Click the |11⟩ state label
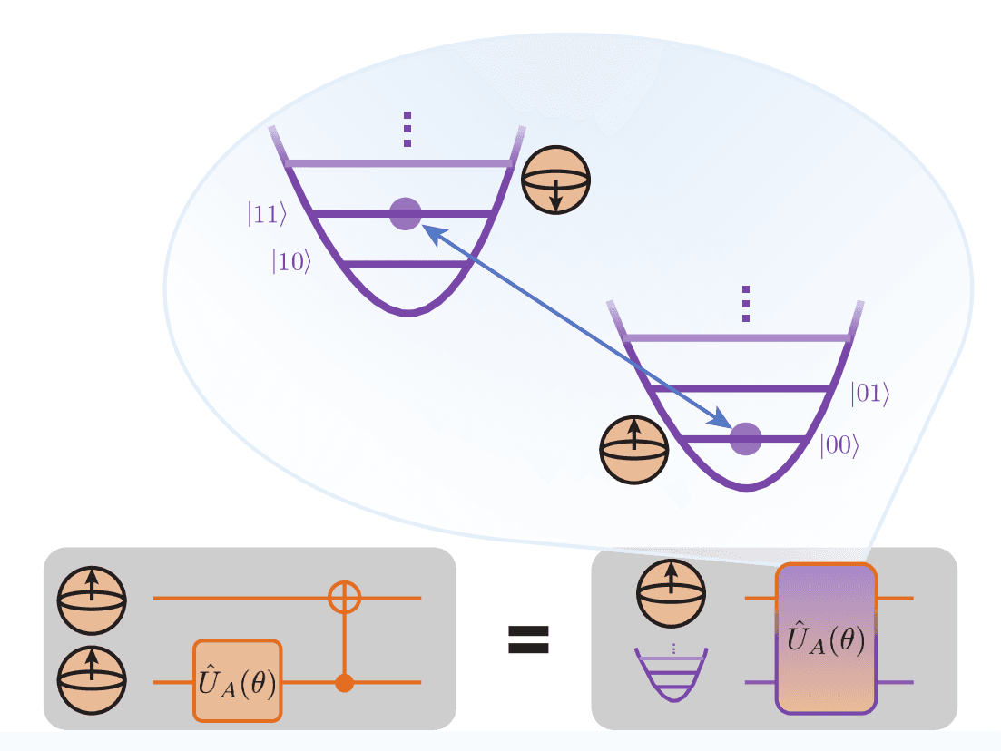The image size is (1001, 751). (x=267, y=214)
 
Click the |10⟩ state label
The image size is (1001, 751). (x=292, y=261)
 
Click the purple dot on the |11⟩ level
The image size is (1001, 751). (x=405, y=214)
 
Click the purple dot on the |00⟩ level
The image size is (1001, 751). (x=746, y=439)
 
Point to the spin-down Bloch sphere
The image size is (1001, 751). (x=556, y=180)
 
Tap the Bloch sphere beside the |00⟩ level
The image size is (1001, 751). (x=634, y=447)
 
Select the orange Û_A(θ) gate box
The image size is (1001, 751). (x=238, y=680)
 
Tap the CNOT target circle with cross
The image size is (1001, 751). (x=344, y=598)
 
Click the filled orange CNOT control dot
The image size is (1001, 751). (x=344, y=683)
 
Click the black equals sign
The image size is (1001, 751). (x=527, y=639)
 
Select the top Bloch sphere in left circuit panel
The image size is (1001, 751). (x=92, y=598)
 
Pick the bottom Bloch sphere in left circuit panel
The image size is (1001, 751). (x=92, y=680)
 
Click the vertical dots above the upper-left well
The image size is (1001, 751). (x=407, y=130)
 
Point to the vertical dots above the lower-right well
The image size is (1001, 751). (x=746, y=304)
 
